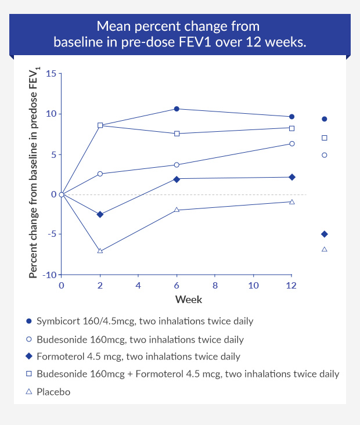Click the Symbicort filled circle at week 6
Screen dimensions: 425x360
(177, 109)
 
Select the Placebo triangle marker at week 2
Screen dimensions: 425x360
(100, 251)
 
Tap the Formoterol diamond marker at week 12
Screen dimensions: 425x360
(291, 177)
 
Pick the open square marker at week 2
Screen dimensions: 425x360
(100, 125)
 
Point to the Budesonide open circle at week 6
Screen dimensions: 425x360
(177, 165)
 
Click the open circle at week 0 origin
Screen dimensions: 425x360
(62, 195)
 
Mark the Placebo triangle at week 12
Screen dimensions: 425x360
(291, 201)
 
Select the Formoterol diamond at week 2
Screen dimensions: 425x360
(100, 215)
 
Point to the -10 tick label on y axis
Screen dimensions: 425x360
(50, 274)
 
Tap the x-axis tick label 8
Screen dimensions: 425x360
(215, 286)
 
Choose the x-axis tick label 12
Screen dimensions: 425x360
(291, 286)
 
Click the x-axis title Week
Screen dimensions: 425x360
(189, 300)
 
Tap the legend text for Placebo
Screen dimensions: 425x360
(53, 392)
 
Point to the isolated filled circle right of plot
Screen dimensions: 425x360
(324, 119)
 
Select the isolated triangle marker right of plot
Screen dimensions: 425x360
(324, 249)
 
